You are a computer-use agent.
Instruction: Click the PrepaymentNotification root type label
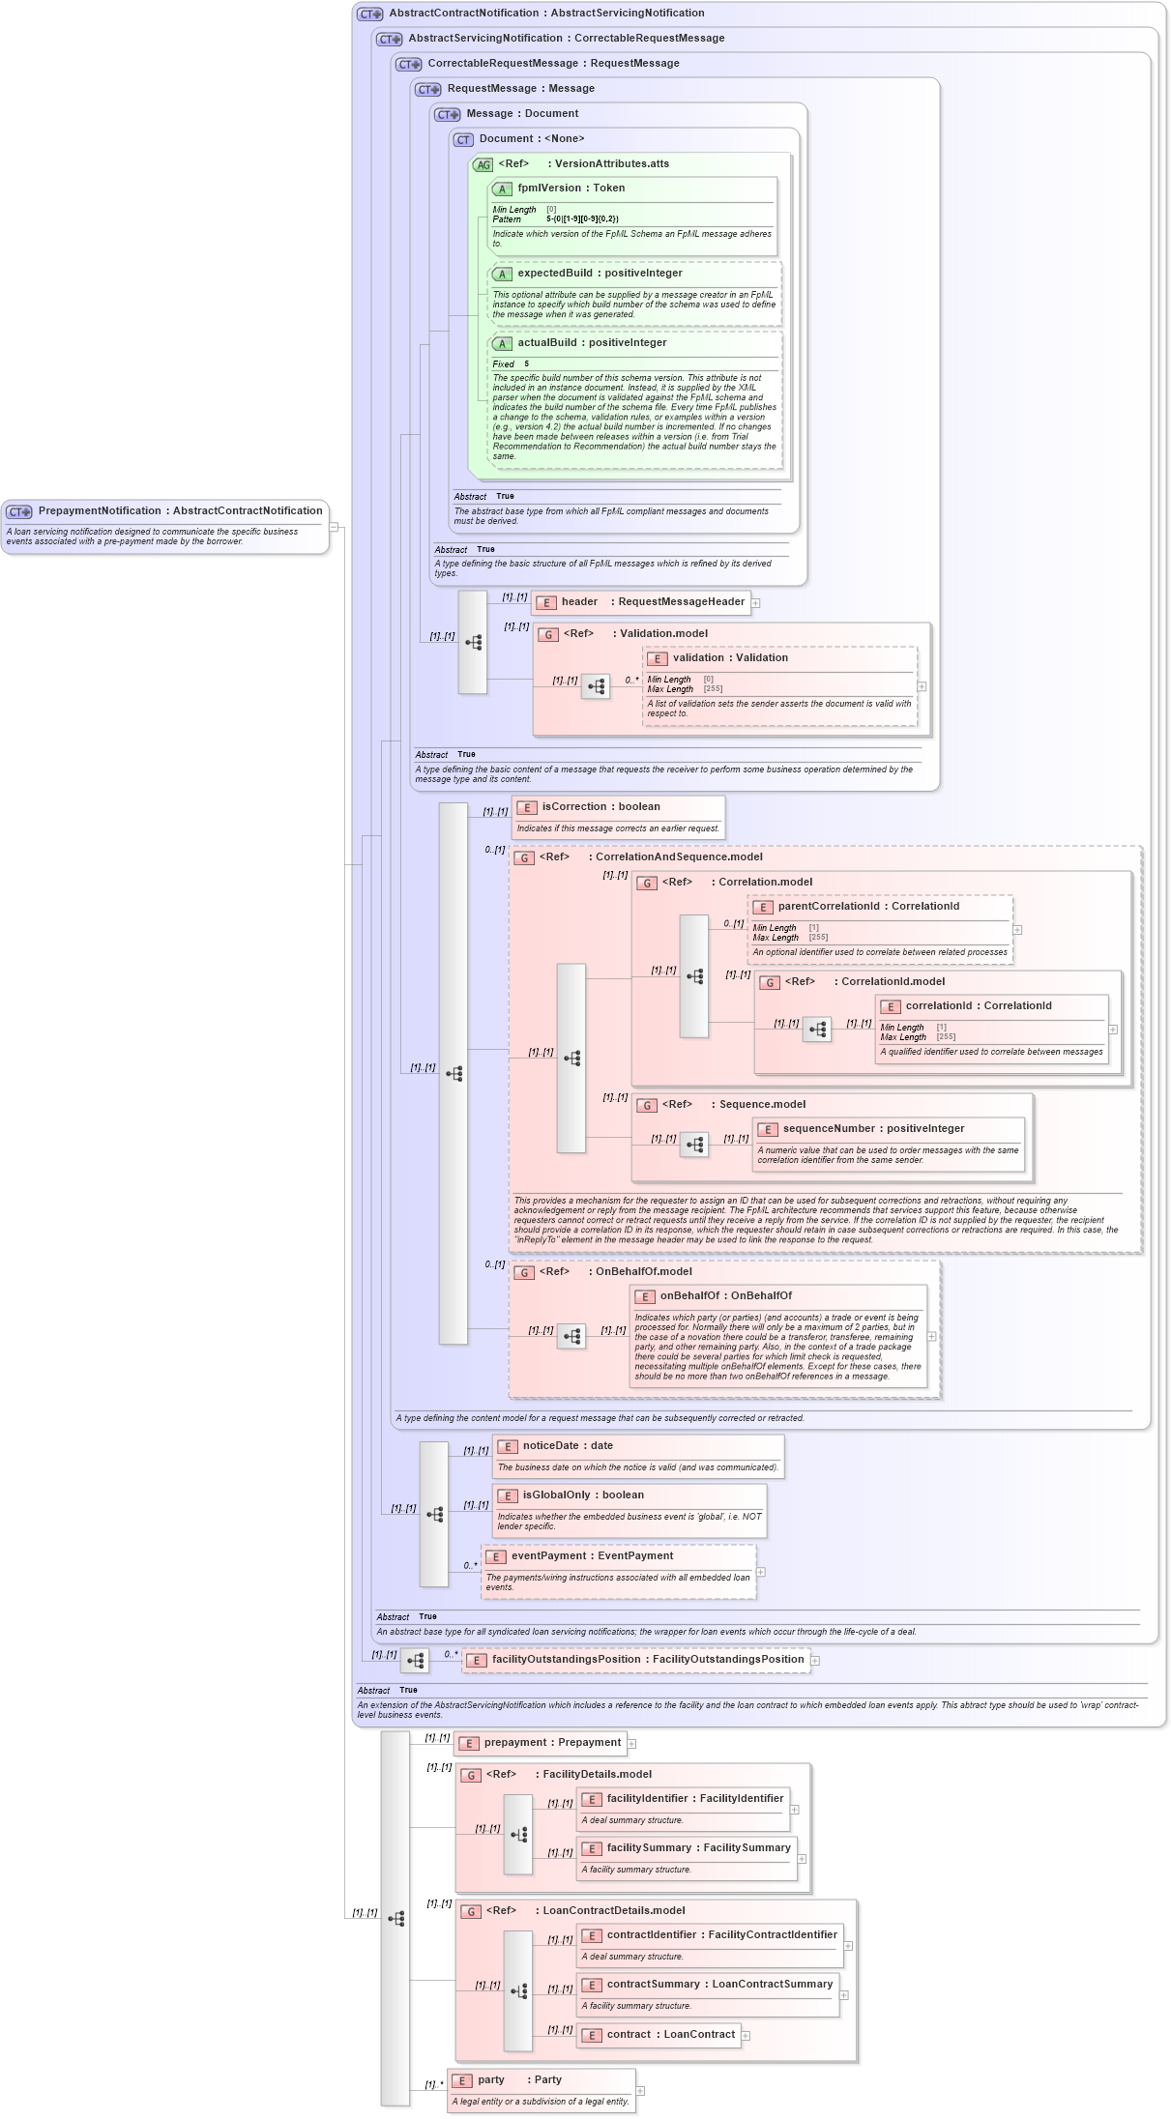180,510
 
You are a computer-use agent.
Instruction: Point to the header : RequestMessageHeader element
653,602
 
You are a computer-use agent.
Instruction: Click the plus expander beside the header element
756,603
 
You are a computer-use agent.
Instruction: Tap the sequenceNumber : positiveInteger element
873,1129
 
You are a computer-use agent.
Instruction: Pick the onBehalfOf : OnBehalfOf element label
725,1296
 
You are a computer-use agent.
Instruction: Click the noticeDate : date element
568,1446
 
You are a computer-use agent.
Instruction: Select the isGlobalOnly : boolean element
583,1495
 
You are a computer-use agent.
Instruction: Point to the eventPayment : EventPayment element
592,1556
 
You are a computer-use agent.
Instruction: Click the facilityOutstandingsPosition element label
647,1660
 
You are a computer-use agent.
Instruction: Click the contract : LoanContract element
670,2035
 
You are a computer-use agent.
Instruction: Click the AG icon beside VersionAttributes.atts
483,165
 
